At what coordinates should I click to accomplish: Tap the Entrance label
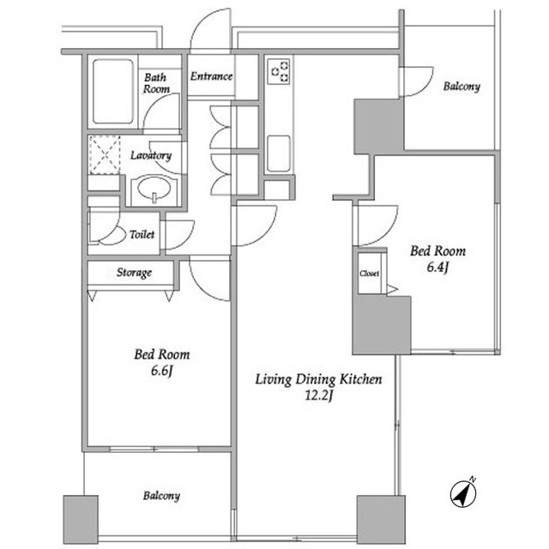coord(212,76)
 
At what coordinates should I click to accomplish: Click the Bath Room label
coord(156,83)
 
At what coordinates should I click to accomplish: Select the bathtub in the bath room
coord(113,92)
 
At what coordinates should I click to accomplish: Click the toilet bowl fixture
coord(109,235)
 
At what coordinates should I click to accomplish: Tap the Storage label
coord(134,273)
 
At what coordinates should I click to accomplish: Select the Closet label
coord(369,274)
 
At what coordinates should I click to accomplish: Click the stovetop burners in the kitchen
coord(279,72)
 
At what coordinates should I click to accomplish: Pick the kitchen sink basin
coord(279,154)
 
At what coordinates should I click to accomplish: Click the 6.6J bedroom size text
coord(162,371)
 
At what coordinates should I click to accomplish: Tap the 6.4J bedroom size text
coord(437,267)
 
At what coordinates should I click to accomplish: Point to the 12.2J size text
coord(318,395)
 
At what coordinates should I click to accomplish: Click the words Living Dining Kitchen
coord(318,379)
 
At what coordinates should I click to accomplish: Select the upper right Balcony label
coord(462,86)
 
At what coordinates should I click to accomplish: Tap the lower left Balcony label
coord(161,496)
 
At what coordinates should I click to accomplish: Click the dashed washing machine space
coord(105,155)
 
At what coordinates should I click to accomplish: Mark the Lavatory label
coord(151,155)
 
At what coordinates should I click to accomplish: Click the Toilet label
coord(142,234)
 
